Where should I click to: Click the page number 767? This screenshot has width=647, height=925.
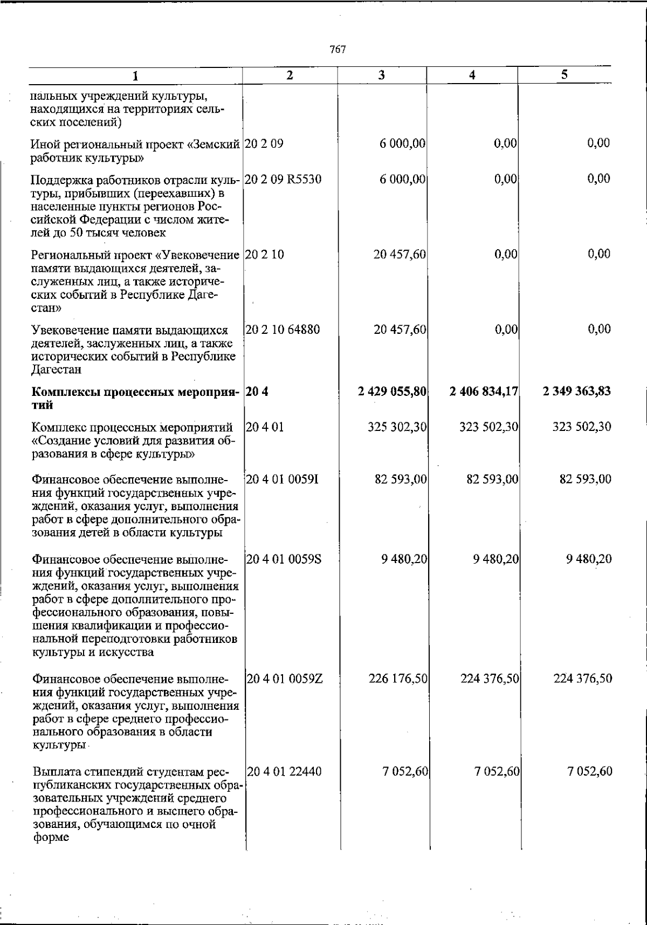coord(338,50)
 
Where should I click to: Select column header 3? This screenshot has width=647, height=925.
coord(381,76)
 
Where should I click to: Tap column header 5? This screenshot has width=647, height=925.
coord(565,75)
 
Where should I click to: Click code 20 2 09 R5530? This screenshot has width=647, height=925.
coord(284,179)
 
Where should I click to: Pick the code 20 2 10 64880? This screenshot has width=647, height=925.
coord(283,330)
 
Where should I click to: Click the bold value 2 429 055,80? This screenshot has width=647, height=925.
coord(392,391)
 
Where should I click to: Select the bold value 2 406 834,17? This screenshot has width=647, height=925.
coord(484,391)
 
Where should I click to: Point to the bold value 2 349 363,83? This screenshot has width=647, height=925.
coord(577,391)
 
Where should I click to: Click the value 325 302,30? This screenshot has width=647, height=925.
coord(398,427)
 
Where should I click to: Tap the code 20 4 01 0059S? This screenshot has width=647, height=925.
coord(284,559)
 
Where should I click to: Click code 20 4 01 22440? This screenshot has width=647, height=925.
coord(284,772)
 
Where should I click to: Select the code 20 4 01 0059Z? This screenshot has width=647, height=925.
coord(284,679)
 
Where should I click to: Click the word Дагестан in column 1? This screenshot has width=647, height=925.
coord(57,370)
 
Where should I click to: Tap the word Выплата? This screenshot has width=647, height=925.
coord(53,772)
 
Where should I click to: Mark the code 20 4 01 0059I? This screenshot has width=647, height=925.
coord(283,479)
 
